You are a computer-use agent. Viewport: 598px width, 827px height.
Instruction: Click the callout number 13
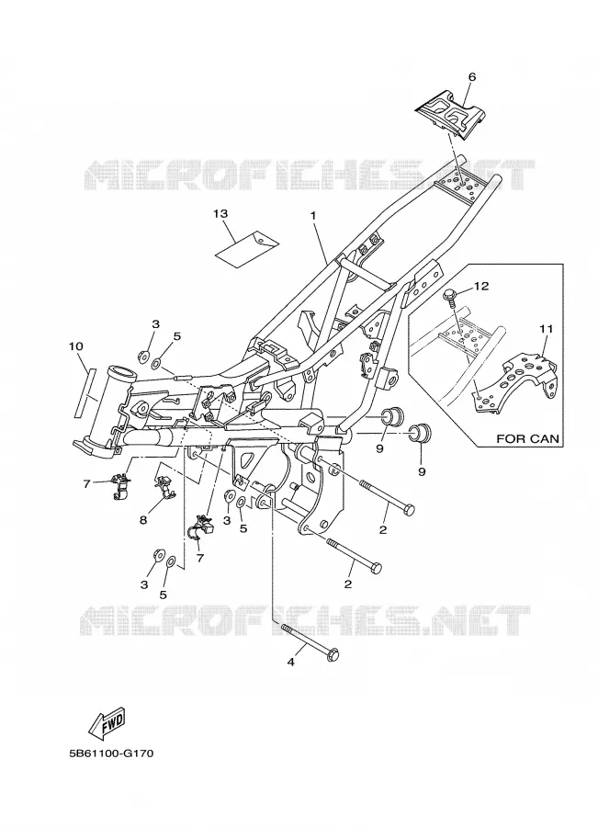click(x=220, y=213)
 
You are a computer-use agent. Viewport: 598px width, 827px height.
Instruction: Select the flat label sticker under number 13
click(x=247, y=245)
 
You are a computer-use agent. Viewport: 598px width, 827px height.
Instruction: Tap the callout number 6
click(x=471, y=77)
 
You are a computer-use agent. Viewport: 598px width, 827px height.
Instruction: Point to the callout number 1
click(x=312, y=216)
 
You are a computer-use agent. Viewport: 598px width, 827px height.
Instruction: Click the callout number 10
click(x=76, y=346)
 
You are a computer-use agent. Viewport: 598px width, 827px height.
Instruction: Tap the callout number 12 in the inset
click(x=481, y=286)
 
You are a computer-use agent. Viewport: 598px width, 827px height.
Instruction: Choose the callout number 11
click(x=547, y=329)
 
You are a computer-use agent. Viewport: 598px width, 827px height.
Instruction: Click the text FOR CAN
click(x=527, y=438)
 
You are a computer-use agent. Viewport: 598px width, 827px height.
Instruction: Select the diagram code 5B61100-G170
click(x=111, y=753)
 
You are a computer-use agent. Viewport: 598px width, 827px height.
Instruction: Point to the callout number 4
click(x=290, y=662)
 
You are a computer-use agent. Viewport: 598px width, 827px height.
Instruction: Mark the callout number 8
click(x=143, y=519)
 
